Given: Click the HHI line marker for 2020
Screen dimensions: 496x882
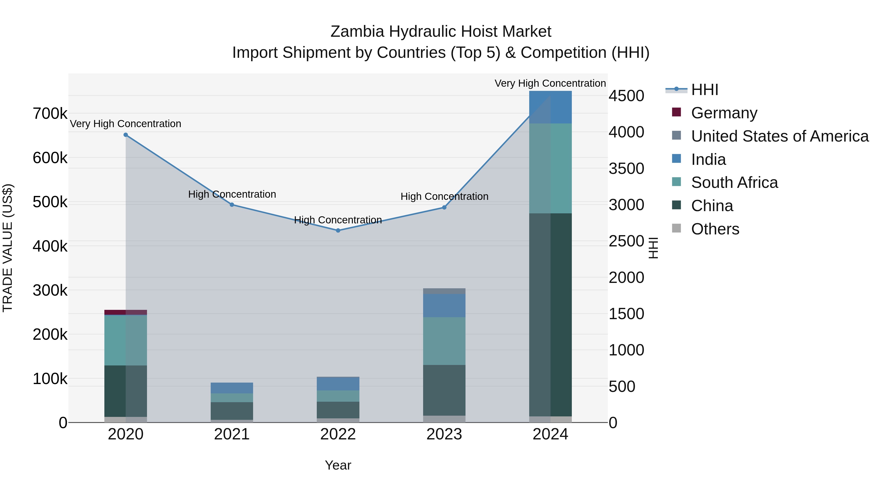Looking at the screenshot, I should tap(126, 135).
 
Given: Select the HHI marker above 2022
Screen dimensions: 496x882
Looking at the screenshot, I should tap(338, 230).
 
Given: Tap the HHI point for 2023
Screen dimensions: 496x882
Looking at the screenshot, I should tap(444, 207).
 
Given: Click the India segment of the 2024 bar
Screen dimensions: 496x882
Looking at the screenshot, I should tap(550, 107).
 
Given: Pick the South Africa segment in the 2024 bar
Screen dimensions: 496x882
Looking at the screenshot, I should tap(550, 169).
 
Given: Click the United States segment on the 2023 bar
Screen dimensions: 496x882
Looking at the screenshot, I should tap(444, 291).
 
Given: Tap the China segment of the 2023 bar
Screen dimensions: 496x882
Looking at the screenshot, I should tap(444, 390).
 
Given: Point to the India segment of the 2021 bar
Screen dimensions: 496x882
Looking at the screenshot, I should tap(232, 388).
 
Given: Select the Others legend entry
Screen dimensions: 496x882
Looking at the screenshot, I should tap(715, 229).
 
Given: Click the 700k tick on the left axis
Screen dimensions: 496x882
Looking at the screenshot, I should tap(50, 114).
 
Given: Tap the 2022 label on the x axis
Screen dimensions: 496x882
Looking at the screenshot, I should tap(338, 434).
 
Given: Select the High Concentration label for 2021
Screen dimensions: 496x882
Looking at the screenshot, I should tap(232, 194).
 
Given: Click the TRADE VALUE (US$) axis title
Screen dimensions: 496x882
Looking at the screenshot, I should tap(8, 248).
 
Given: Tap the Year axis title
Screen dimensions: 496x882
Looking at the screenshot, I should tap(338, 465).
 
